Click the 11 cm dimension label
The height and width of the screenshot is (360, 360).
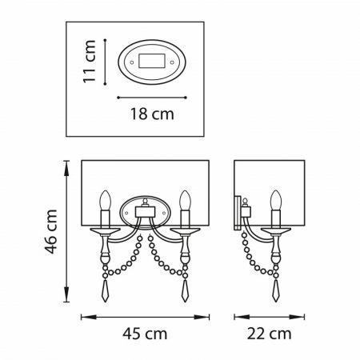coord(90,62)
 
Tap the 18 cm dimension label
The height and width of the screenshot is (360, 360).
coord(152,114)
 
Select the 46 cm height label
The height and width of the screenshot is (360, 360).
coord(50,231)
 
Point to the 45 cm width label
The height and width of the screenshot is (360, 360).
coord(145,334)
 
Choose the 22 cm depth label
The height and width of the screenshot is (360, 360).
coord(269,334)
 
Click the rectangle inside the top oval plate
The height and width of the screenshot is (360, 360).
coord(152,61)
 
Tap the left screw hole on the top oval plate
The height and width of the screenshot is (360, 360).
coord(132,62)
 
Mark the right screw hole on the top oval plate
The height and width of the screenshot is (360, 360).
coord(172,62)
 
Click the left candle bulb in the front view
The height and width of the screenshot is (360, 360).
coord(106,200)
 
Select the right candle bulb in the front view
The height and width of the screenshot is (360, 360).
coord(185,200)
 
